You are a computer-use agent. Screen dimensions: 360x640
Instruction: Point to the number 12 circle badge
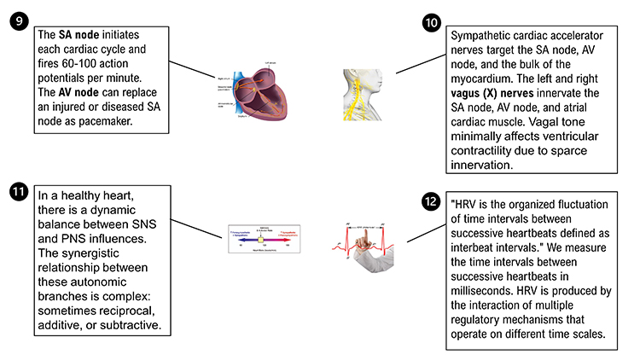point(433,202)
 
